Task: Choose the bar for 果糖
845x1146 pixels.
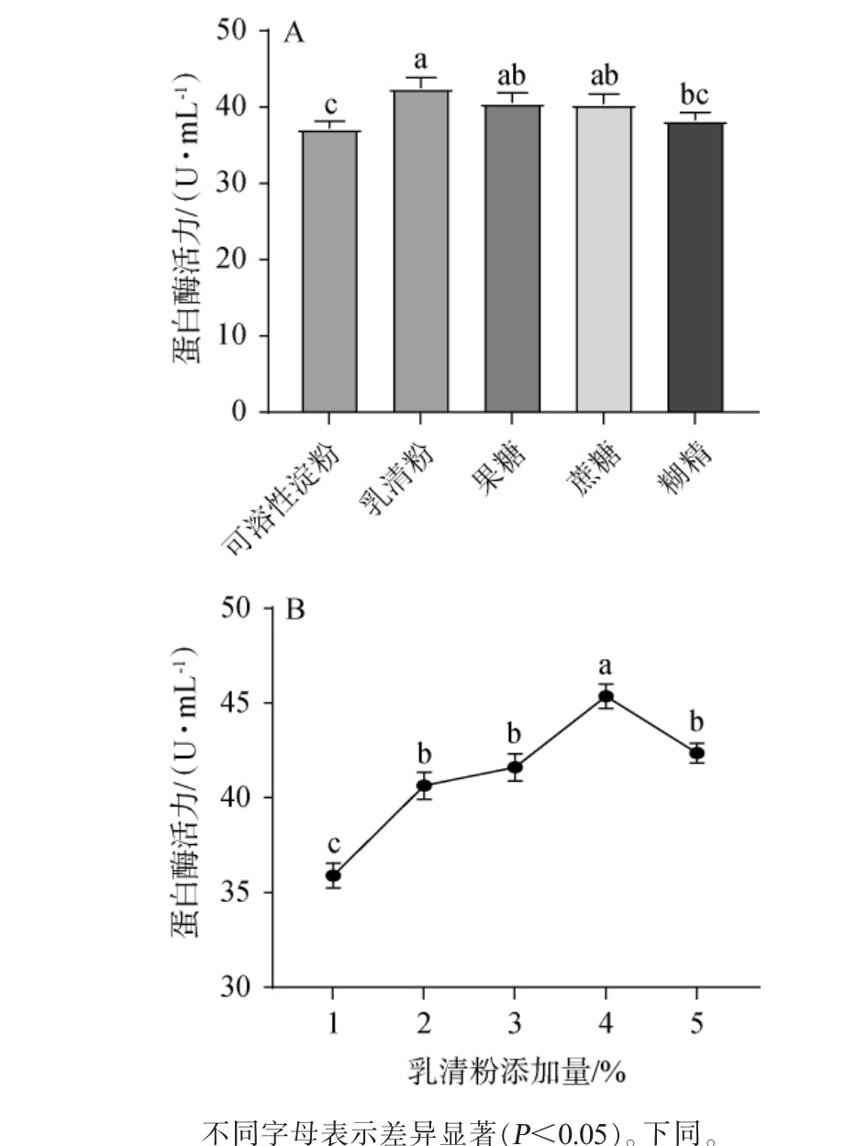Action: click(x=513, y=259)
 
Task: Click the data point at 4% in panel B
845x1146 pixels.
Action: click(x=606, y=696)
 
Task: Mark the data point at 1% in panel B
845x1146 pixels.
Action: click(x=333, y=875)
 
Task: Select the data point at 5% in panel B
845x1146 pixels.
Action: click(x=697, y=753)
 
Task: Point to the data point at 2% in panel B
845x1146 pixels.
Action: click(x=424, y=785)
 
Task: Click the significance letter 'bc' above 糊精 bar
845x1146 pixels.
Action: click(x=695, y=95)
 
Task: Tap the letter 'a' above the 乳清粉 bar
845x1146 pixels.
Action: click(x=422, y=61)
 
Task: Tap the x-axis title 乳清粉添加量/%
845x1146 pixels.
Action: click(x=517, y=1070)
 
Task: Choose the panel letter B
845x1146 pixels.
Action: click(x=295, y=609)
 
